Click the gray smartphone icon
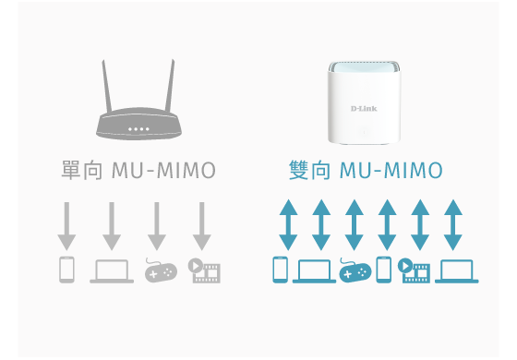66,270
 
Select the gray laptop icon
112,270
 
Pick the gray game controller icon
159,270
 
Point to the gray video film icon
204,270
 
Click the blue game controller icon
355,270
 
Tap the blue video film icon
415,270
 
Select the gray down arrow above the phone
66,225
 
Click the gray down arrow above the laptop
112,225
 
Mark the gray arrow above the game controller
158,225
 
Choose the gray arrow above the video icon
203,225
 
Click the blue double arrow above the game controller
355,225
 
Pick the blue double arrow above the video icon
420,225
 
